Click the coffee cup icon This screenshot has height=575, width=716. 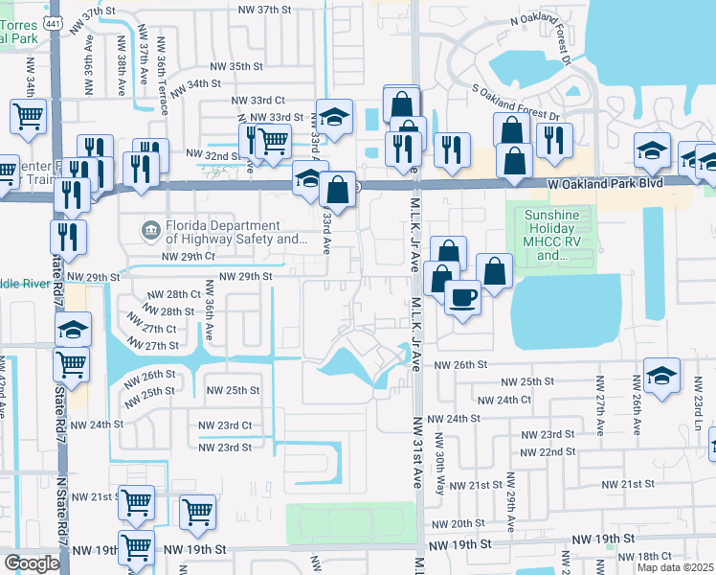pos(463,296)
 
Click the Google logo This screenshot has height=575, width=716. pos(32,563)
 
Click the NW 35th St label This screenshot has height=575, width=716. pos(236,66)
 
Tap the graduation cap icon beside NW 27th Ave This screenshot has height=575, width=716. pos(661,377)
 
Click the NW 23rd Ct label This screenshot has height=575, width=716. pos(225,425)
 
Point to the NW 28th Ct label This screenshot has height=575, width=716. pos(174,295)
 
